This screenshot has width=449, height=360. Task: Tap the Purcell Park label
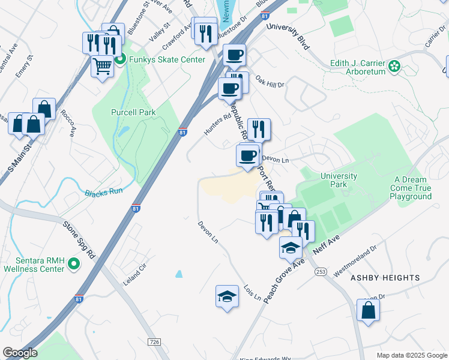click(133, 112)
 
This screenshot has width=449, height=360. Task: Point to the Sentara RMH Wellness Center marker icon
click(73, 263)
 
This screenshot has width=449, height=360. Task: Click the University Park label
click(339, 180)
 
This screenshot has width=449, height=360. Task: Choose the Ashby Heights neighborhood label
click(385, 278)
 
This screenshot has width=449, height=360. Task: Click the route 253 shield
click(320, 272)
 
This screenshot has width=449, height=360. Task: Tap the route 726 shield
click(154, 341)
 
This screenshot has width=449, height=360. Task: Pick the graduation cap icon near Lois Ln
click(227, 296)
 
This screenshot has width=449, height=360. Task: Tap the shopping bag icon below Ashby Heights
click(368, 310)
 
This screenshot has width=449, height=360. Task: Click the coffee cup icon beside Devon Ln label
click(248, 156)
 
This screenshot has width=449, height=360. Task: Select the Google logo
click(19, 353)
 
